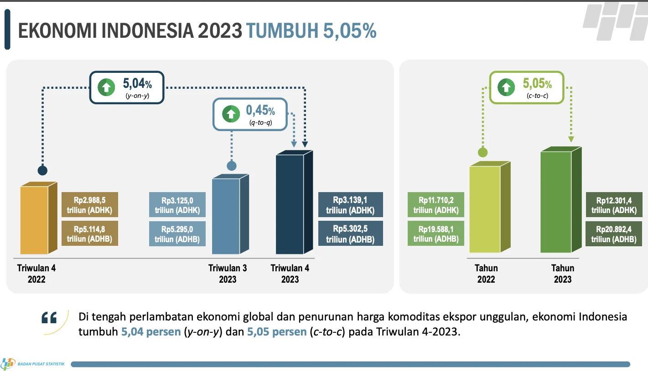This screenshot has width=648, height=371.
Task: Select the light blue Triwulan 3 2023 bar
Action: tap(226, 216)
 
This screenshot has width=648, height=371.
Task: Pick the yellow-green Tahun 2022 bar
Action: tap(485, 209)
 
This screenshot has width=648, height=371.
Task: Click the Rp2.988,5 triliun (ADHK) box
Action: tap(89, 205)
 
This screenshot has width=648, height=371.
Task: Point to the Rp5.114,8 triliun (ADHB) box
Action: tap(89, 234)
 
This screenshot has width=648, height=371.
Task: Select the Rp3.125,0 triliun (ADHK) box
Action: tap(177, 205)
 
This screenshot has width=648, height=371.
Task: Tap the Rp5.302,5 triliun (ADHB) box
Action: tap(350, 233)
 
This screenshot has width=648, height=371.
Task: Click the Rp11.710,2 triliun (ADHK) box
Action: tap(436, 205)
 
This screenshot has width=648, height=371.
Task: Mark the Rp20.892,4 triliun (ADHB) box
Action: tap(614, 234)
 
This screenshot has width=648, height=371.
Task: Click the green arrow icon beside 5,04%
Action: tap(107, 87)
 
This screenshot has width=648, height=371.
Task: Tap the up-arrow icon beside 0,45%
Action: tap(231, 114)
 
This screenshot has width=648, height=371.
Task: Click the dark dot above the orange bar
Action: tap(42, 171)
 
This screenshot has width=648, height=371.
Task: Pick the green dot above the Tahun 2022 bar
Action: tap(482, 152)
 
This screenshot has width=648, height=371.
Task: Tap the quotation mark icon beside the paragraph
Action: tap(49, 318)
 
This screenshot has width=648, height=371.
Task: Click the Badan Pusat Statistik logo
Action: tap(8, 364)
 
